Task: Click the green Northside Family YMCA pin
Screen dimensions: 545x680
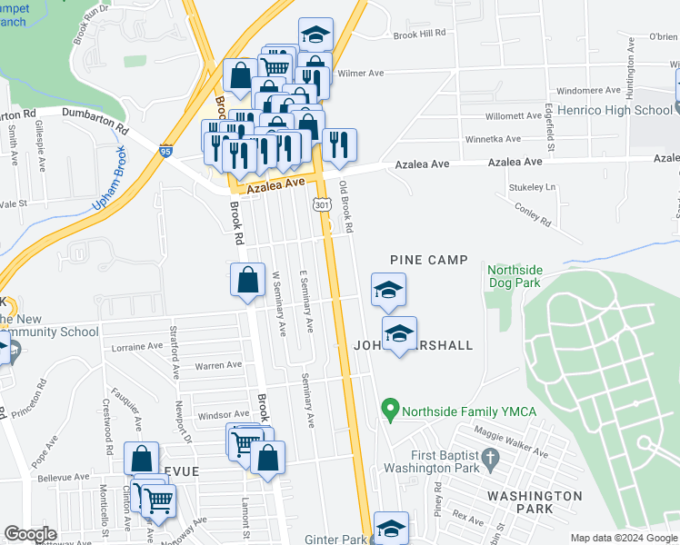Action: [390, 411]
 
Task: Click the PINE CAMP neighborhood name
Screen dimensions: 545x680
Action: [429, 260]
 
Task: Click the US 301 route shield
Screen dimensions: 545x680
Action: [323, 206]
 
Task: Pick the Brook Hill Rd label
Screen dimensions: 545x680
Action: [420, 33]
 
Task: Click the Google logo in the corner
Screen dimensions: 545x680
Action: [30, 533]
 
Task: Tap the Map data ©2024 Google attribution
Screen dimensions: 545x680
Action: [624, 538]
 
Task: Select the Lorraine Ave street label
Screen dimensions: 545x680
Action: [135, 347]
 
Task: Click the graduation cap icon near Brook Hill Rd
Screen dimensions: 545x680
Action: [315, 35]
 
